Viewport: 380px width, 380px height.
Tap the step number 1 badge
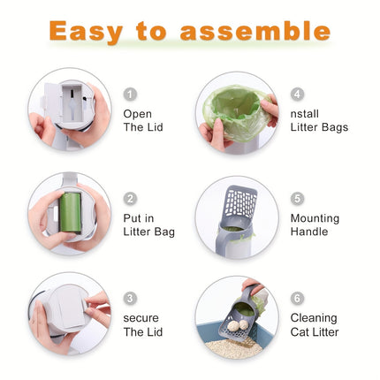tap(130, 94)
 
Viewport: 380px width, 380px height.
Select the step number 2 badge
tap(130, 199)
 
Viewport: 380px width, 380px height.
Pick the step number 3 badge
tap(130, 299)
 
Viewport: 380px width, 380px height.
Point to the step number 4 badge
tap(297, 94)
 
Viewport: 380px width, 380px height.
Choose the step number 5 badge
tap(297, 199)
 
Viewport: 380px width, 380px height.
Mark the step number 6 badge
tap(297, 299)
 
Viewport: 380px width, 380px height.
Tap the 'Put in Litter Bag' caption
tap(148, 224)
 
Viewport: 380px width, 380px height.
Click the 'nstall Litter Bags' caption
tap(319, 120)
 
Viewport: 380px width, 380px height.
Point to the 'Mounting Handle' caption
tap(315, 224)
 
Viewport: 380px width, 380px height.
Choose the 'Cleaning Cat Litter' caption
tap(314, 324)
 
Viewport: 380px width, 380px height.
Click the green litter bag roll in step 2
tap(70, 213)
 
